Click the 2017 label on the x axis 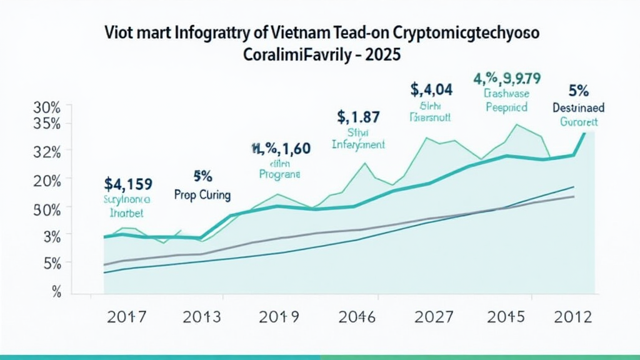click(x=126, y=317)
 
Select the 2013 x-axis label click(x=202, y=317)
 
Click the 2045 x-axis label click(x=509, y=317)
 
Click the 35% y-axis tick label click(x=47, y=123)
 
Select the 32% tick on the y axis click(x=47, y=151)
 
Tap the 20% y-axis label click(x=47, y=180)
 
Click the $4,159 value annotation click(x=129, y=184)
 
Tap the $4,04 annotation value click(x=431, y=89)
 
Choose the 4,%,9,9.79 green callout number click(x=507, y=79)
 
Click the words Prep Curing click(x=202, y=196)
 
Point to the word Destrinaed click(x=578, y=107)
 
